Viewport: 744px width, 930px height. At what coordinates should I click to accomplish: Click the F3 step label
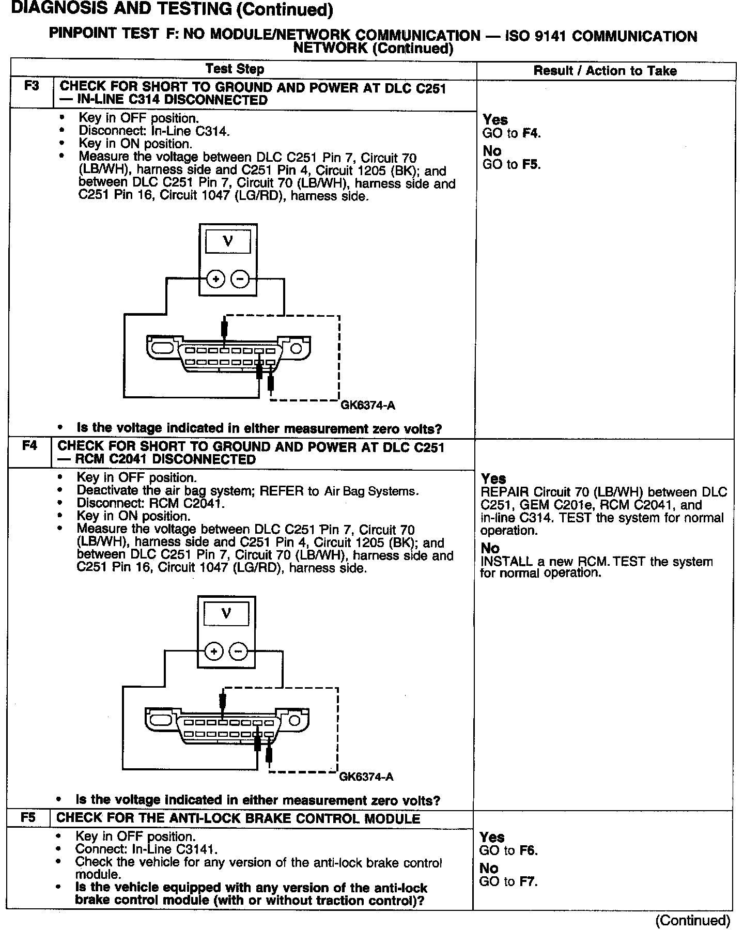pyautogui.click(x=32, y=86)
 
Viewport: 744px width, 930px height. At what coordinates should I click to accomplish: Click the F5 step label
pyautogui.click(x=28, y=818)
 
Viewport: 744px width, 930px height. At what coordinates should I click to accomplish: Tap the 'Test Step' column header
pyautogui.click(x=235, y=69)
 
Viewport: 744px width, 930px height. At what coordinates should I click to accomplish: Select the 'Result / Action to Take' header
pyautogui.click(x=605, y=71)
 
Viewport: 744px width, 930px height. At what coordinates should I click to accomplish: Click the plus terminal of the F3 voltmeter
pyautogui.click(x=215, y=280)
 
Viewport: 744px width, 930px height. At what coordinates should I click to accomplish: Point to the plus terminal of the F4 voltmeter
pyautogui.click(x=213, y=651)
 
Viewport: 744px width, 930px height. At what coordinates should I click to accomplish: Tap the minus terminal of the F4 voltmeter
pyautogui.click(x=238, y=651)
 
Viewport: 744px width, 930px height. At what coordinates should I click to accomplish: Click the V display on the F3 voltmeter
pyautogui.click(x=228, y=241)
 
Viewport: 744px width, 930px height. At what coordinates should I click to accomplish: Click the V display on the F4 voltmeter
pyautogui.click(x=226, y=613)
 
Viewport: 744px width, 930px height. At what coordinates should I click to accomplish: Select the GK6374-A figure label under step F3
pyautogui.click(x=367, y=406)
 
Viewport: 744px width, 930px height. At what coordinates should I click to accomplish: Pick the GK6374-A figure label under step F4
pyautogui.click(x=366, y=777)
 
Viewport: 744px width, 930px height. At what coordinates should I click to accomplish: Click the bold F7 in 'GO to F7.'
pyautogui.click(x=528, y=882)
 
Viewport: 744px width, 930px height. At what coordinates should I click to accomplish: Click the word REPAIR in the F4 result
pyautogui.click(x=505, y=492)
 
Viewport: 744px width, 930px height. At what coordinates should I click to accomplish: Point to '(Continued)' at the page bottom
pyautogui.click(x=692, y=920)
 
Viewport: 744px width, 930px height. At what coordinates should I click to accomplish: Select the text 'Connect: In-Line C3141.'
pyautogui.click(x=146, y=849)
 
